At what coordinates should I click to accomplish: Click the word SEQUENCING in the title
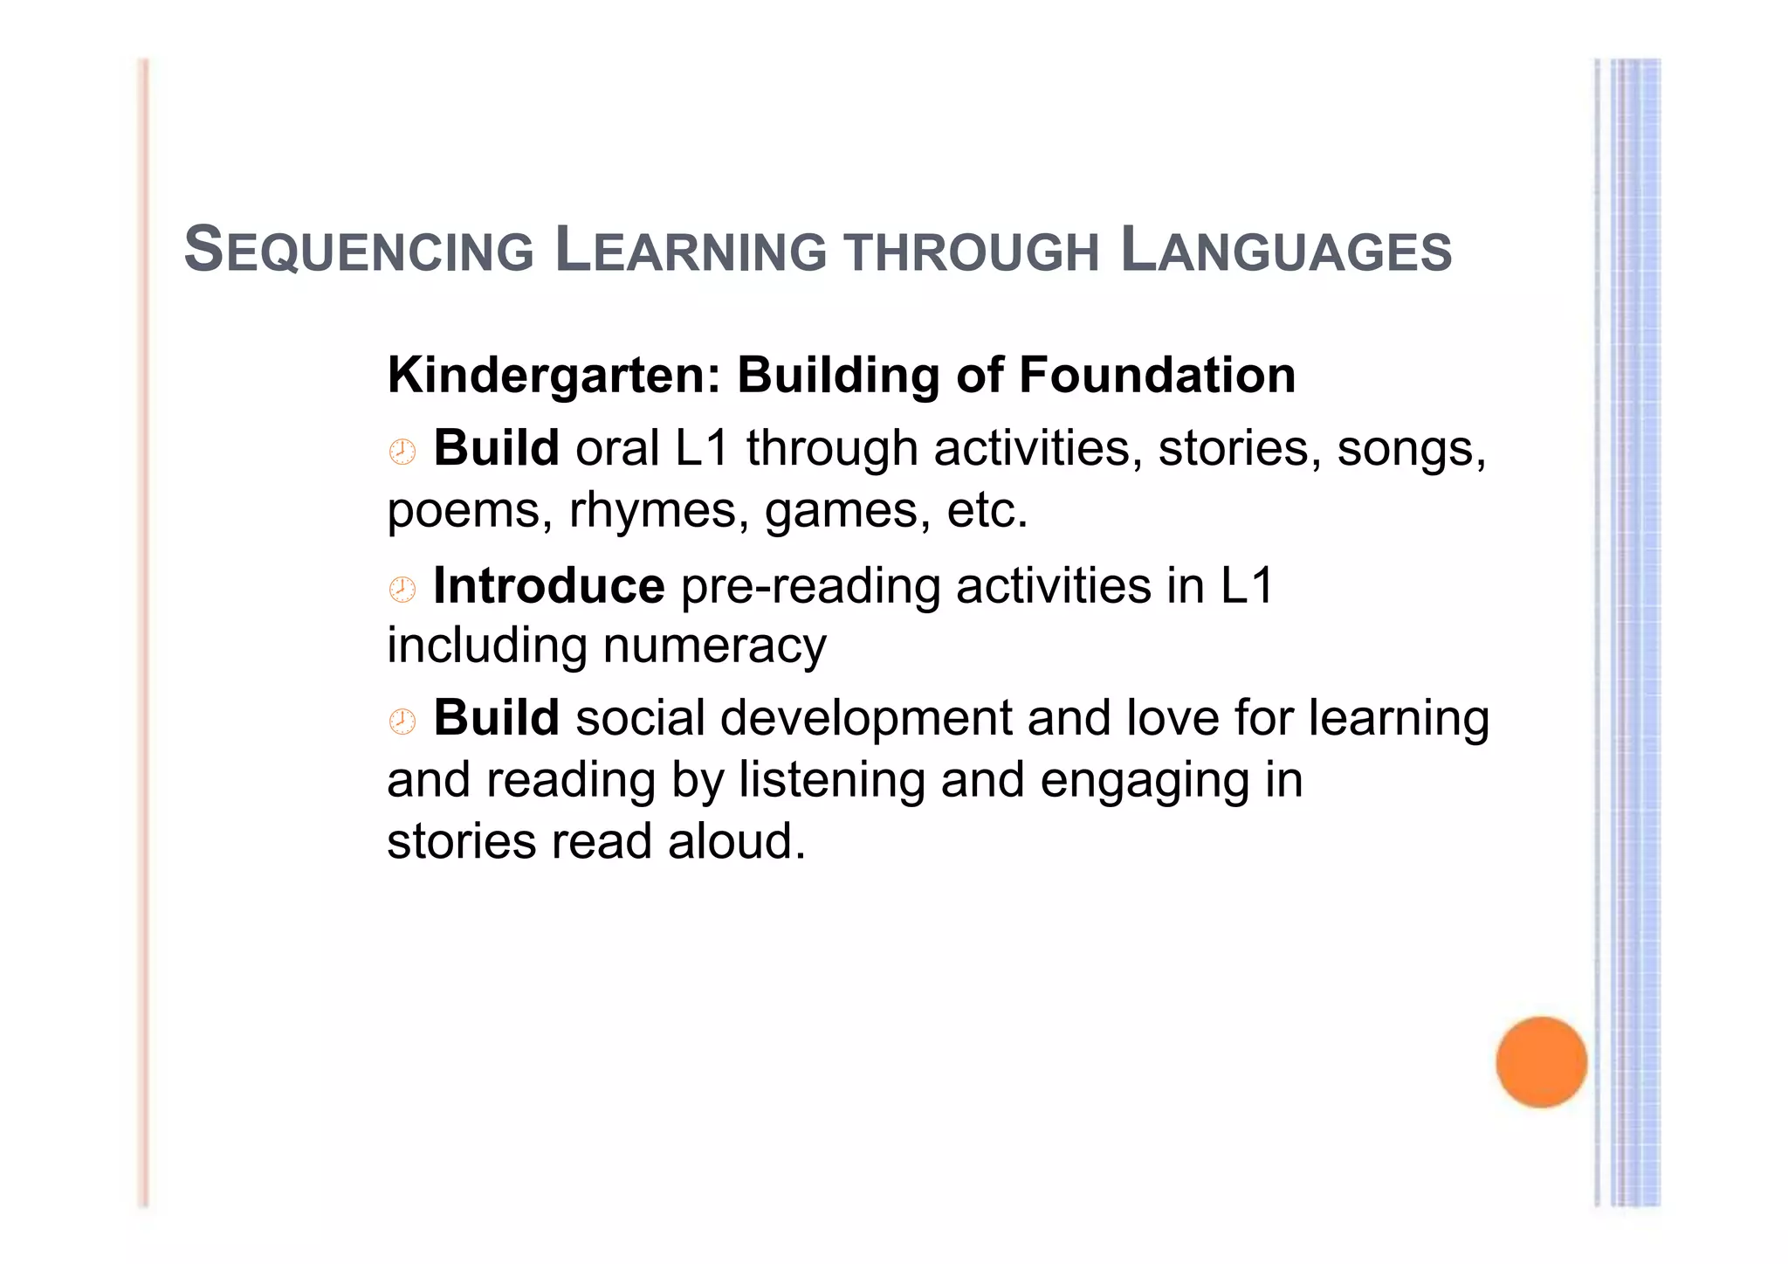point(359,251)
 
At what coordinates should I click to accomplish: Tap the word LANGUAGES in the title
point(1285,251)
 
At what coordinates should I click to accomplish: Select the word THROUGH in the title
point(972,253)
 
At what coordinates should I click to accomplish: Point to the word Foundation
point(1157,376)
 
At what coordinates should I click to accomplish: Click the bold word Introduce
point(548,585)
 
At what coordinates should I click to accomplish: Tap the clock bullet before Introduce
point(402,590)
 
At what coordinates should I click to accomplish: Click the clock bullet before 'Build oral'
point(402,452)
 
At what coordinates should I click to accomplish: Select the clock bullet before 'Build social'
point(402,722)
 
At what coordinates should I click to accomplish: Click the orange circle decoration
point(1541,1062)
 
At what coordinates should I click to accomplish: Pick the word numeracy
point(714,647)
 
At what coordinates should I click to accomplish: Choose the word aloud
point(736,842)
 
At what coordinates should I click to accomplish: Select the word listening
point(831,780)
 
